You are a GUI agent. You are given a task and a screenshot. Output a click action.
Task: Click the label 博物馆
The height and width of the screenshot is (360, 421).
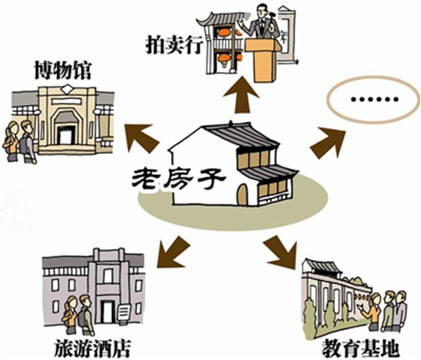click(63, 71)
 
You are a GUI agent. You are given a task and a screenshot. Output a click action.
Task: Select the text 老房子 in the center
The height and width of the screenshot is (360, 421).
click(179, 178)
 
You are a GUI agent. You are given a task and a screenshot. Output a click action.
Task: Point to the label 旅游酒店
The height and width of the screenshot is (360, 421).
click(92, 347)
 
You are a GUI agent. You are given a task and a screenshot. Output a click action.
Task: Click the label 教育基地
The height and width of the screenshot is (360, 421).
click(360, 348)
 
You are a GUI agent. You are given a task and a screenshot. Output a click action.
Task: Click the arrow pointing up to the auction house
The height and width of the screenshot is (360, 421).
click(241, 95)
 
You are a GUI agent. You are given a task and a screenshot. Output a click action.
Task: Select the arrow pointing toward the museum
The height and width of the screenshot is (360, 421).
click(142, 138)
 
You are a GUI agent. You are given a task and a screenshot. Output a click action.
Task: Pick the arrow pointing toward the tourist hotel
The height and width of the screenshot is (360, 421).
click(173, 251)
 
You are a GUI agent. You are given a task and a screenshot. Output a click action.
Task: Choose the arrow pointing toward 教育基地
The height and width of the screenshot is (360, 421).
click(280, 251)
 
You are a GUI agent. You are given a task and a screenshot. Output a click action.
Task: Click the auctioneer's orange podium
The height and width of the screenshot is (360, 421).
click(263, 61)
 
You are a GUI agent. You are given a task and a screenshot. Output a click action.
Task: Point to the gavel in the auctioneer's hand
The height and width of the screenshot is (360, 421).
click(271, 13)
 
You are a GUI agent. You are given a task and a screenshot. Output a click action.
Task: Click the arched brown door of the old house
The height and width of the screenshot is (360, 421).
click(242, 194)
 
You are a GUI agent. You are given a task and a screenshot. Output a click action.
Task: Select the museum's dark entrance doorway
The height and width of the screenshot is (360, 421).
click(67, 135)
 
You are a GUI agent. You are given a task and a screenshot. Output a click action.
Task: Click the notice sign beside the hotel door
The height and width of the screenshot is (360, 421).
click(124, 312)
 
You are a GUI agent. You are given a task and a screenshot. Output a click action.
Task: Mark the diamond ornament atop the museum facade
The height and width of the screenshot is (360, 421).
click(67, 89)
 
